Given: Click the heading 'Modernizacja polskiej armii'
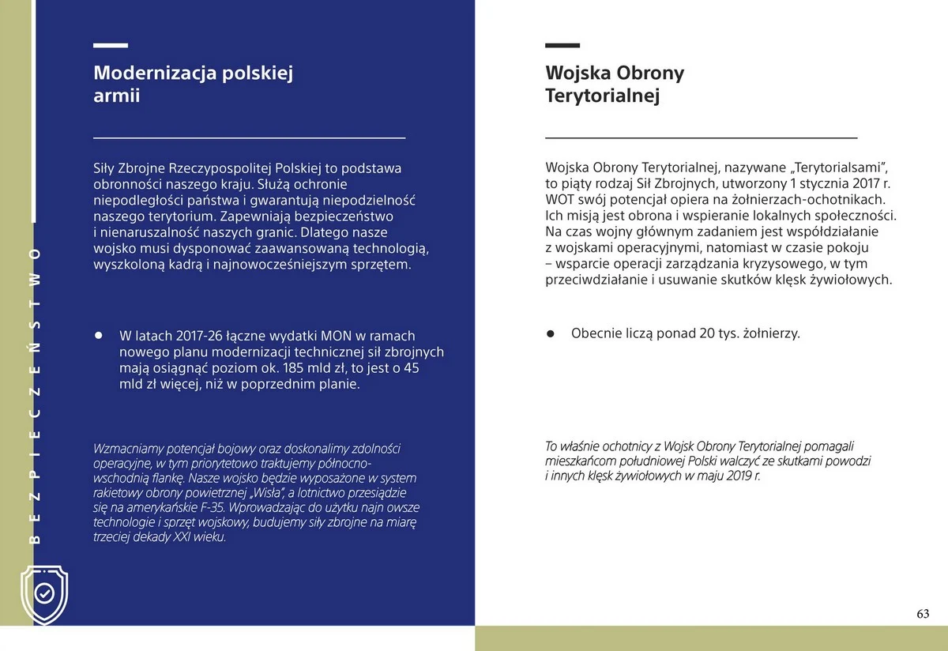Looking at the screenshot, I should click(x=193, y=85).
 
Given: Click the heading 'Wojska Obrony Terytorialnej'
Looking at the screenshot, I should click(x=615, y=85).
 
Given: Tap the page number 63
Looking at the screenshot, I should click(x=922, y=614).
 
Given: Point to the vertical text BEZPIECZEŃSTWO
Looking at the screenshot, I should click(x=34, y=395).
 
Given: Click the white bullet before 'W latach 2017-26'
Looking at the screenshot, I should click(x=100, y=335).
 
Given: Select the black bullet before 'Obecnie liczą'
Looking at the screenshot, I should click(x=551, y=333).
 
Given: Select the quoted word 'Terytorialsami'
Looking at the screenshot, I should click(x=844, y=167).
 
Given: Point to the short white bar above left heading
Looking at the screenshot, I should click(x=110, y=47).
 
